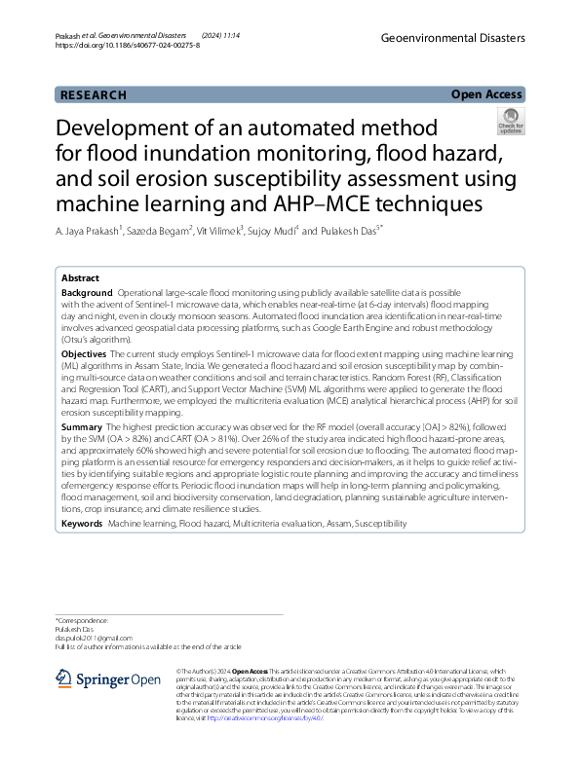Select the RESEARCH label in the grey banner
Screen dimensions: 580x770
coord(94,95)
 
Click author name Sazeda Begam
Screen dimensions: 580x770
coord(154,232)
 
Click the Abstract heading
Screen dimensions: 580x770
coord(80,277)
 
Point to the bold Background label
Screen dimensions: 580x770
coord(87,292)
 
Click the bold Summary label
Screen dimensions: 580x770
coord(82,455)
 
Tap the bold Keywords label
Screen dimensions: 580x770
coord(82,524)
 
